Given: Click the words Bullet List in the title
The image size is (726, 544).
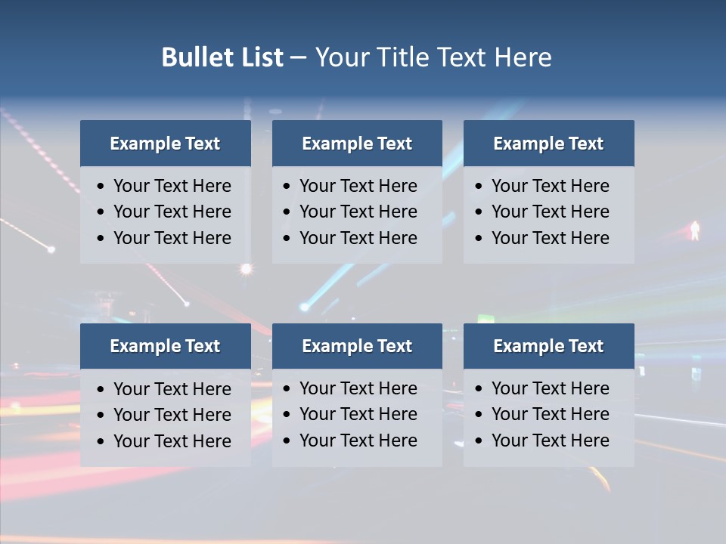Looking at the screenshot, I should [x=222, y=57].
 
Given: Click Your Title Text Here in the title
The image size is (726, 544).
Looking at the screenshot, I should [x=433, y=57].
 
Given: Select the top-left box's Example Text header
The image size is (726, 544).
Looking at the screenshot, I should [x=165, y=144].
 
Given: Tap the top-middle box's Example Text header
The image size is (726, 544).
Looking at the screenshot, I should [x=357, y=144].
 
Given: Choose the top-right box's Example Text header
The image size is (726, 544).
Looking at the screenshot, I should [x=548, y=144].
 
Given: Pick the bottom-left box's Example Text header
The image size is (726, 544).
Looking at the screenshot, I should [x=165, y=346].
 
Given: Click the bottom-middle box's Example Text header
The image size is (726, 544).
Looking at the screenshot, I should [x=357, y=346].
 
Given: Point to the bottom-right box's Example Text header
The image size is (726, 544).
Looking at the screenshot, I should [x=548, y=346].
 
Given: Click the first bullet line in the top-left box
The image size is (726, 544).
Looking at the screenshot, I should [x=172, y=186].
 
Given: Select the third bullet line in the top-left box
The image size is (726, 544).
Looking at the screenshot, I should [x=172, y=238].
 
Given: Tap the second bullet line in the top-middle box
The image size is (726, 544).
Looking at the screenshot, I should [x=358, y=212].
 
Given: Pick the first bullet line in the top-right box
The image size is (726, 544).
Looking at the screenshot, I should [x=550, y=186].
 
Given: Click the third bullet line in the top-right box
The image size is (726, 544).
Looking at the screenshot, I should [x=550, y=238].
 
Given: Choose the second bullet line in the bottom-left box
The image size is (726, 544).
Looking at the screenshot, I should [x=172, y=415].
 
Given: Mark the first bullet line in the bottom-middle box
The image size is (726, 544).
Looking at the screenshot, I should [x=358, y=388].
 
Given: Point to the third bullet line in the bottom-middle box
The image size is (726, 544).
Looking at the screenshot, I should [x=358, y=440].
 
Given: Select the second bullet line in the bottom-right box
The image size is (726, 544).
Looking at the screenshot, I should [x=550, y=414].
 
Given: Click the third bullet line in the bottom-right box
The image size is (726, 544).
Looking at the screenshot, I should [x=550, y=440].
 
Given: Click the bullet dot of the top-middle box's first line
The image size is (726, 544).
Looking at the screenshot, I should [x=287, y=187].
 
